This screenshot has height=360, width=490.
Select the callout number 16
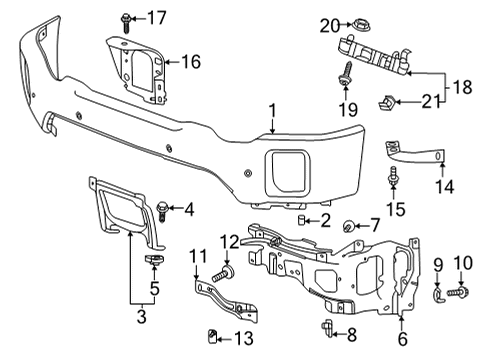190,62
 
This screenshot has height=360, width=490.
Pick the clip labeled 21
386,100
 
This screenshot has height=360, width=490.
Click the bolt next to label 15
394,178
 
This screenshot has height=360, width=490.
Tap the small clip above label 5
154,259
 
